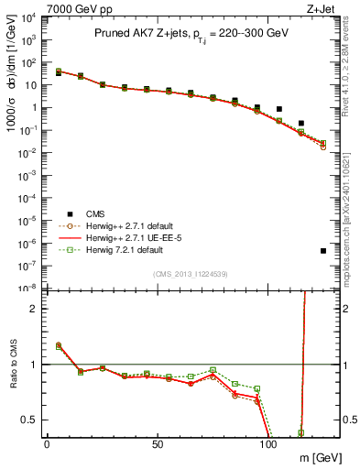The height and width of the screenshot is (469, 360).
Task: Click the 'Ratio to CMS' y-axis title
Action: [12, 366]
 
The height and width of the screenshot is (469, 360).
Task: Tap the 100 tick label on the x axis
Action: [268, 445]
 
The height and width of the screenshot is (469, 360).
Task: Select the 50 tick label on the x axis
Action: [158, 445]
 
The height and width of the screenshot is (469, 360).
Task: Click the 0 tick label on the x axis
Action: [47, 445]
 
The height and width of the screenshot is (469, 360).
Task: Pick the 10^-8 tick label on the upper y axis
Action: [28, 288]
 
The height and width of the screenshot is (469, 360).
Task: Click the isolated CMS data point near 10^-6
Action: [323, 251]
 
